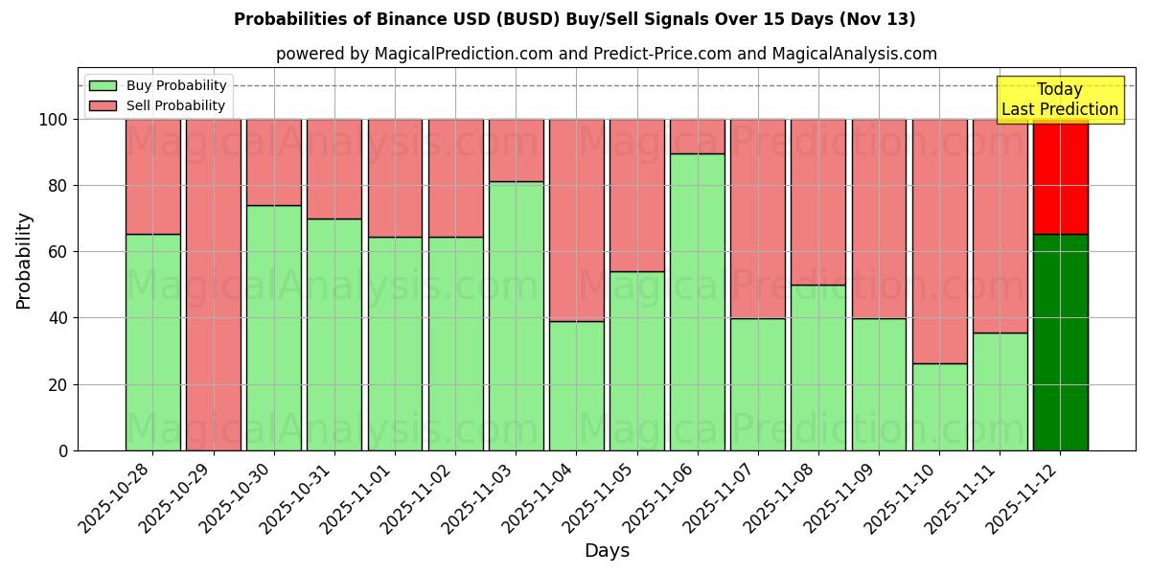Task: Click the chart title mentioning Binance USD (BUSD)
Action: pyautogui.click(x=574, y=19)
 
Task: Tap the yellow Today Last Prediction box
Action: pyautogui.click(x=1059, y=100)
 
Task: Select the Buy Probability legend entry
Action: pyautogui.click(x=158, y=85)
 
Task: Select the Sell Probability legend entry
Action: pyautogui.click(x=158, y=105)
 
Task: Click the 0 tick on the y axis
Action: pyautogui.click(x=63, y=450)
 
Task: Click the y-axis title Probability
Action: pyautogui.click(x=24, y=261)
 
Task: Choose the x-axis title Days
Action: pyautogui.click(x=607, y=551)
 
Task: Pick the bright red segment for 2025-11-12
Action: pyautogui.click(x=1060, y=177)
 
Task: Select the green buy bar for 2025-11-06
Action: pyautogui.click(x=697, y=302)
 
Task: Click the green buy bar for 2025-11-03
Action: pyautogui.click(x=516, y=315)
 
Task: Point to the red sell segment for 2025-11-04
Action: pyautogui.click(x=576, y=219)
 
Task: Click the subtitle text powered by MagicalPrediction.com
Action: pyautogui.click(x=606, y=54)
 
